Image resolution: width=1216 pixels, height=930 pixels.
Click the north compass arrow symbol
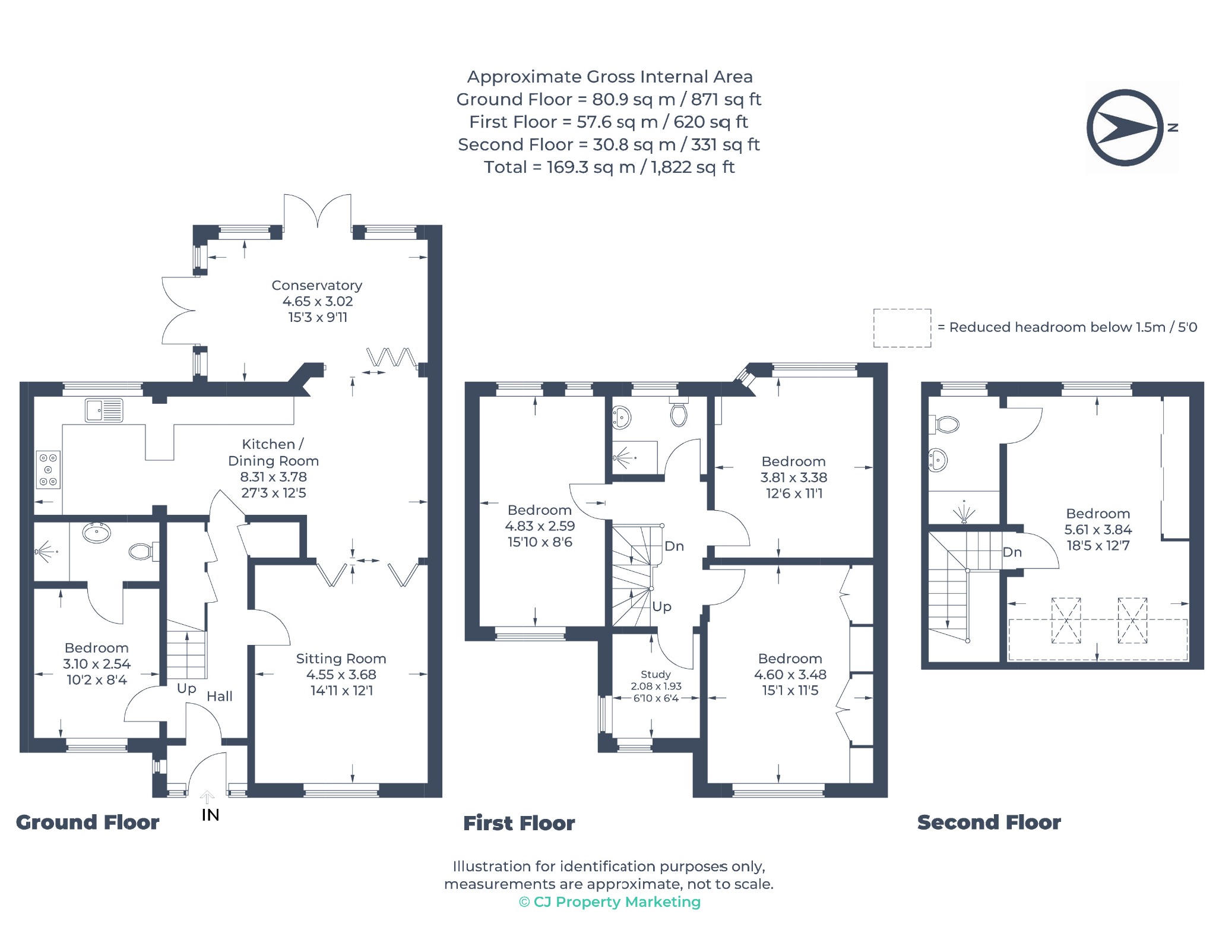1125,128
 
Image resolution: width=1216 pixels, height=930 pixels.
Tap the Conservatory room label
317,286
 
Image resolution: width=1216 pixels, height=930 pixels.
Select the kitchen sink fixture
104,410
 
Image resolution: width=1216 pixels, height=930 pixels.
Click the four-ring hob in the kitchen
48,470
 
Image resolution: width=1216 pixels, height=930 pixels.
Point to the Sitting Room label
341,659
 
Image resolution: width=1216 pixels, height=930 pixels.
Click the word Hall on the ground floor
220,696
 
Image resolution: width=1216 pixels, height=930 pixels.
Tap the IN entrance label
210,815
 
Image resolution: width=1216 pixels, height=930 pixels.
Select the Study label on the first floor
655,675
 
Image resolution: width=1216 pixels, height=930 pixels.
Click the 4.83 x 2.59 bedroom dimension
540,526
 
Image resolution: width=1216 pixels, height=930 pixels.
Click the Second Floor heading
989,823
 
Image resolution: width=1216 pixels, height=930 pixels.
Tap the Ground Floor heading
87,823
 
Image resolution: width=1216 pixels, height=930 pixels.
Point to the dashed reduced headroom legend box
902,328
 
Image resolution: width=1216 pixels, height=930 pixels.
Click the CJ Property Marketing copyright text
610,902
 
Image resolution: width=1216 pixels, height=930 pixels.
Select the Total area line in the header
609,167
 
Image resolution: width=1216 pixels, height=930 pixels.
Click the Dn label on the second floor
1012,552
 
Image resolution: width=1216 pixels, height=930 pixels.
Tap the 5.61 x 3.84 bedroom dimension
1098,530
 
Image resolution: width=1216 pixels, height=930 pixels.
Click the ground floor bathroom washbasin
97,533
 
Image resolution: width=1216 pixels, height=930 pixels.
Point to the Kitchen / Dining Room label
274,453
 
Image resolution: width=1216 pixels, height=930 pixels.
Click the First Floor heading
519,823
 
